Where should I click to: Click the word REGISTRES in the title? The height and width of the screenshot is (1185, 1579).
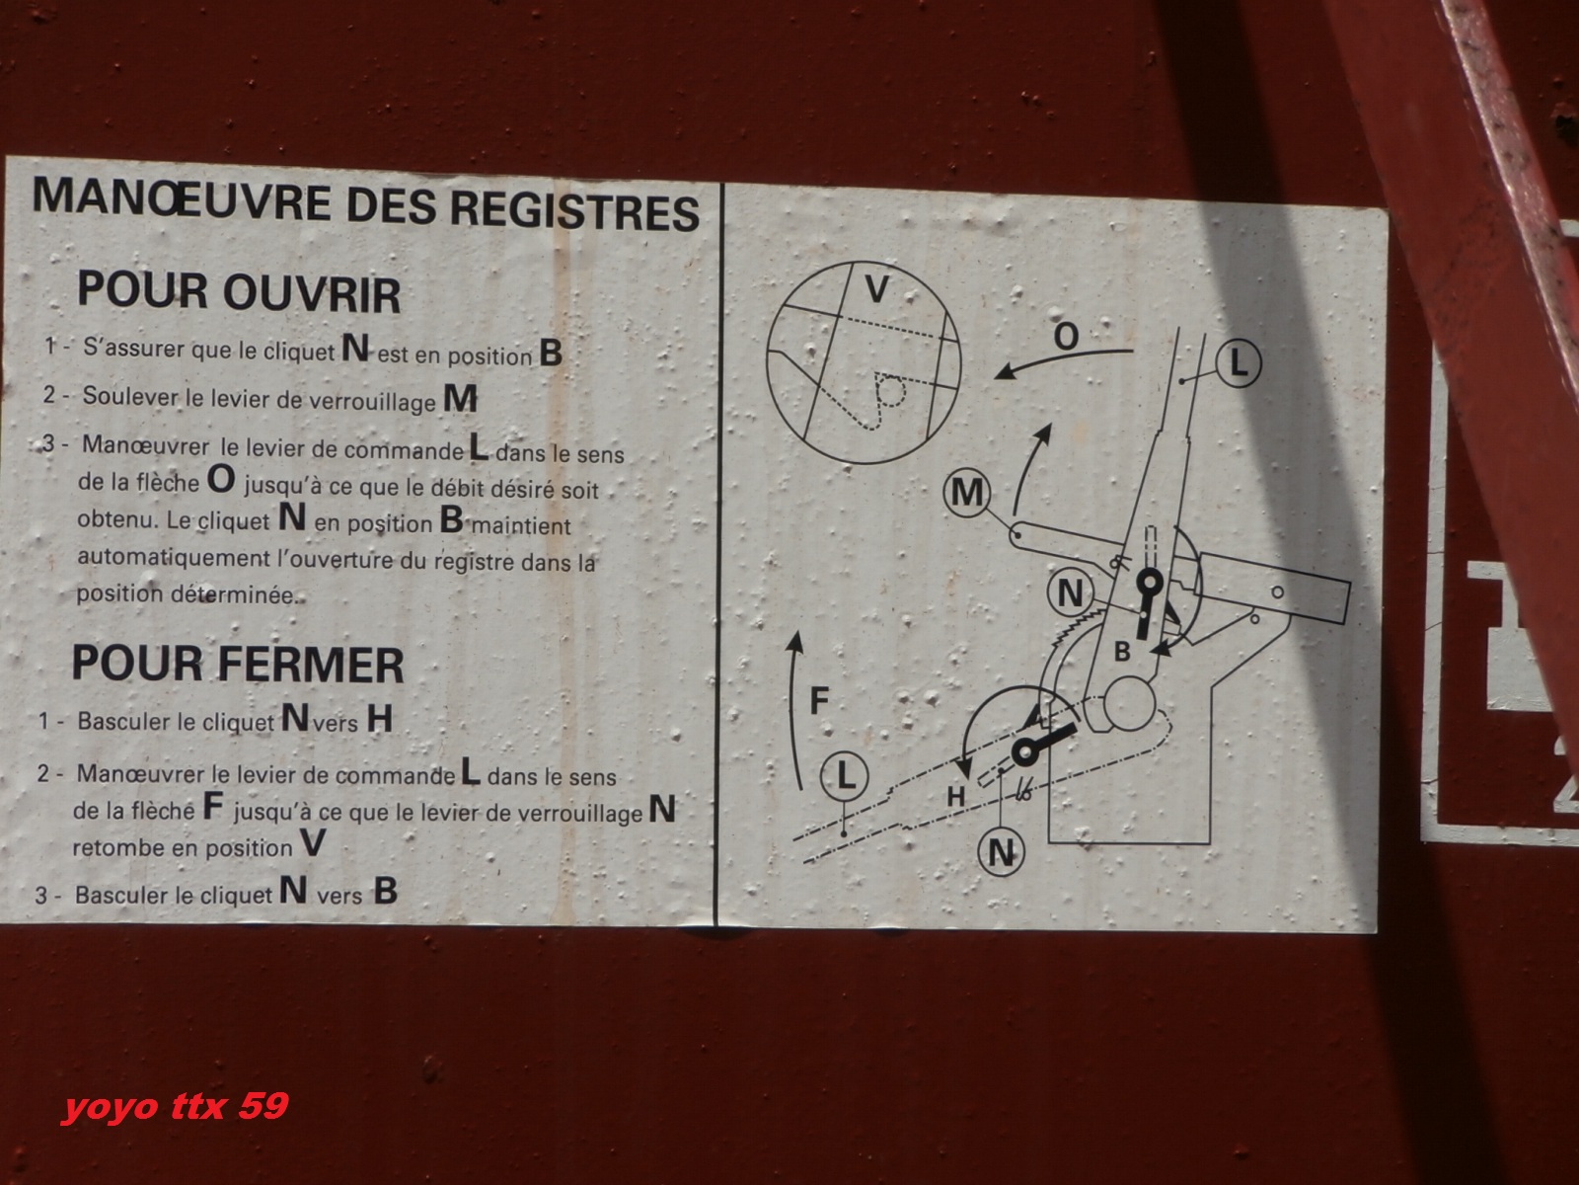[x=574, y=209]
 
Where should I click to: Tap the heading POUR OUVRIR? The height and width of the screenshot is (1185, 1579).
[x=238, y=292]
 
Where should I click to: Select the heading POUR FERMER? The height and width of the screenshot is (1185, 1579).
[x=238, y=664]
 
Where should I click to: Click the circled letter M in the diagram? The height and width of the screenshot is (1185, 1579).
[x=967, y=493]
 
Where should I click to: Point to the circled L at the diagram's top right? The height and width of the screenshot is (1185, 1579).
[x=1239, y=363]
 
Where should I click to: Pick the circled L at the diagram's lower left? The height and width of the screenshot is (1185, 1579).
[x=845, y=776]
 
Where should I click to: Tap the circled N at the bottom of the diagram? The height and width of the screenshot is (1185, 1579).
[x=1002, y=852]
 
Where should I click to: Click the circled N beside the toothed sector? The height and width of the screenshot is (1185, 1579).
[x=1070, y=594]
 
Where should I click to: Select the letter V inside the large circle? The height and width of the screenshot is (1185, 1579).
[x=877, y=290]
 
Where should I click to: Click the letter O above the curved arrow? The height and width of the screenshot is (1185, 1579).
[x=1066, y=336]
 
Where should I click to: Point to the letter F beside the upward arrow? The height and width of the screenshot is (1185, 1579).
[x=819, y=700]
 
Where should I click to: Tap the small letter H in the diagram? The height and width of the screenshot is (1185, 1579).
[x=956, y=797]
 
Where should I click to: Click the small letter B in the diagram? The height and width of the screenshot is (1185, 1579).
[x=1122, y=652]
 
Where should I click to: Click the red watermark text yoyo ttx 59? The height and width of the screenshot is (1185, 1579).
[x=176, y=1106]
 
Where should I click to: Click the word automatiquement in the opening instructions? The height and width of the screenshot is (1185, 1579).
[x=174, y=558]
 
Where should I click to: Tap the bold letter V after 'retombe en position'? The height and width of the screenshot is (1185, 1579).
[x=314, y=842]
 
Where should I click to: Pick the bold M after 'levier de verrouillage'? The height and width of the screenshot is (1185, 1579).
[x=461, y=398]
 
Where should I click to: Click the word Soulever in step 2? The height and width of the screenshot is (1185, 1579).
[x=130, y=396]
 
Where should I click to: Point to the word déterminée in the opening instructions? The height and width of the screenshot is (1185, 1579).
[x=234, y=595]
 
